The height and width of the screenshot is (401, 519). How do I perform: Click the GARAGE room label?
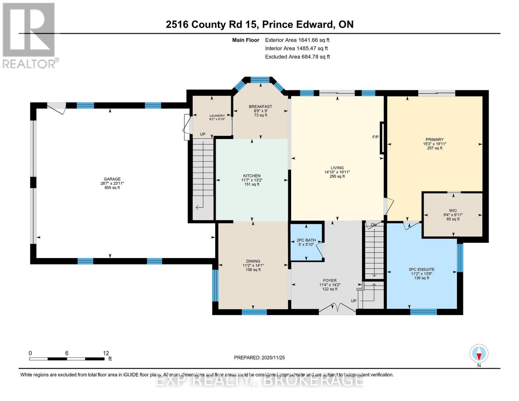(x=112, y=179)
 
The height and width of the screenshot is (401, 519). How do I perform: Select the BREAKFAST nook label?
(x=260, y=107)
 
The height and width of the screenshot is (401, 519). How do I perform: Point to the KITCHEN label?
(x=252, y=176)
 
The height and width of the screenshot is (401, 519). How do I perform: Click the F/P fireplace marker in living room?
(x=376, y=137)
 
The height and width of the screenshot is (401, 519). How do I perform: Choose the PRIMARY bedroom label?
(x=434, y=140)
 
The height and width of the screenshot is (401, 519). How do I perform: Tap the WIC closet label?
(x=453, y=211)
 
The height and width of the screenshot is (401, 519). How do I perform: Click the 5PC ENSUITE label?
(x=421, y=269)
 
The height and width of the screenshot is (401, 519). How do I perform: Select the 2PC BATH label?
(x=306, y=240)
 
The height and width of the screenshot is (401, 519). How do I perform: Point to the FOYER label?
(x=330, y=281)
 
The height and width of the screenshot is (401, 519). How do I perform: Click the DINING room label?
(x=253, y=261)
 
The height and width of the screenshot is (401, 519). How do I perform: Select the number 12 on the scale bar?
(x=106, y=353)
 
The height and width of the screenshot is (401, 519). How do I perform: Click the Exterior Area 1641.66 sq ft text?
(x=297, y=40)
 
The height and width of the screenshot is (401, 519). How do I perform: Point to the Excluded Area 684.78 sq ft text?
(x=297, y=57)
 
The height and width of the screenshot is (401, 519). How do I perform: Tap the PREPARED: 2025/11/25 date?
(x=259, y=358)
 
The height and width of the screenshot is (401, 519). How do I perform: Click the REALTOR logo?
(x=29, y=35)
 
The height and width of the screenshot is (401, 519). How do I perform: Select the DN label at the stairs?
(x=374, y=225)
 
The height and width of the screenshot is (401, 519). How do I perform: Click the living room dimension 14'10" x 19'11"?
(x=337, y=172)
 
